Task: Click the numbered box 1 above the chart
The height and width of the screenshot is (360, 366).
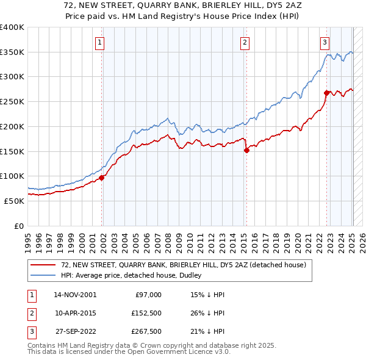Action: (x=99, y=42)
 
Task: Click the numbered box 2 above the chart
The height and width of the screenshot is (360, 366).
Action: (x=244, y=42)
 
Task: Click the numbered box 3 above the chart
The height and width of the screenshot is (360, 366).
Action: (x=325, y=42)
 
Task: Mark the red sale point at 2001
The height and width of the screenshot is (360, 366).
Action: (x=102, y=178)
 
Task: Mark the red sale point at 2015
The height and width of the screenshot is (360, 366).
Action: (x=246, y=149)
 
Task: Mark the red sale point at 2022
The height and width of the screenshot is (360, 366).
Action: (x=327, y=93)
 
